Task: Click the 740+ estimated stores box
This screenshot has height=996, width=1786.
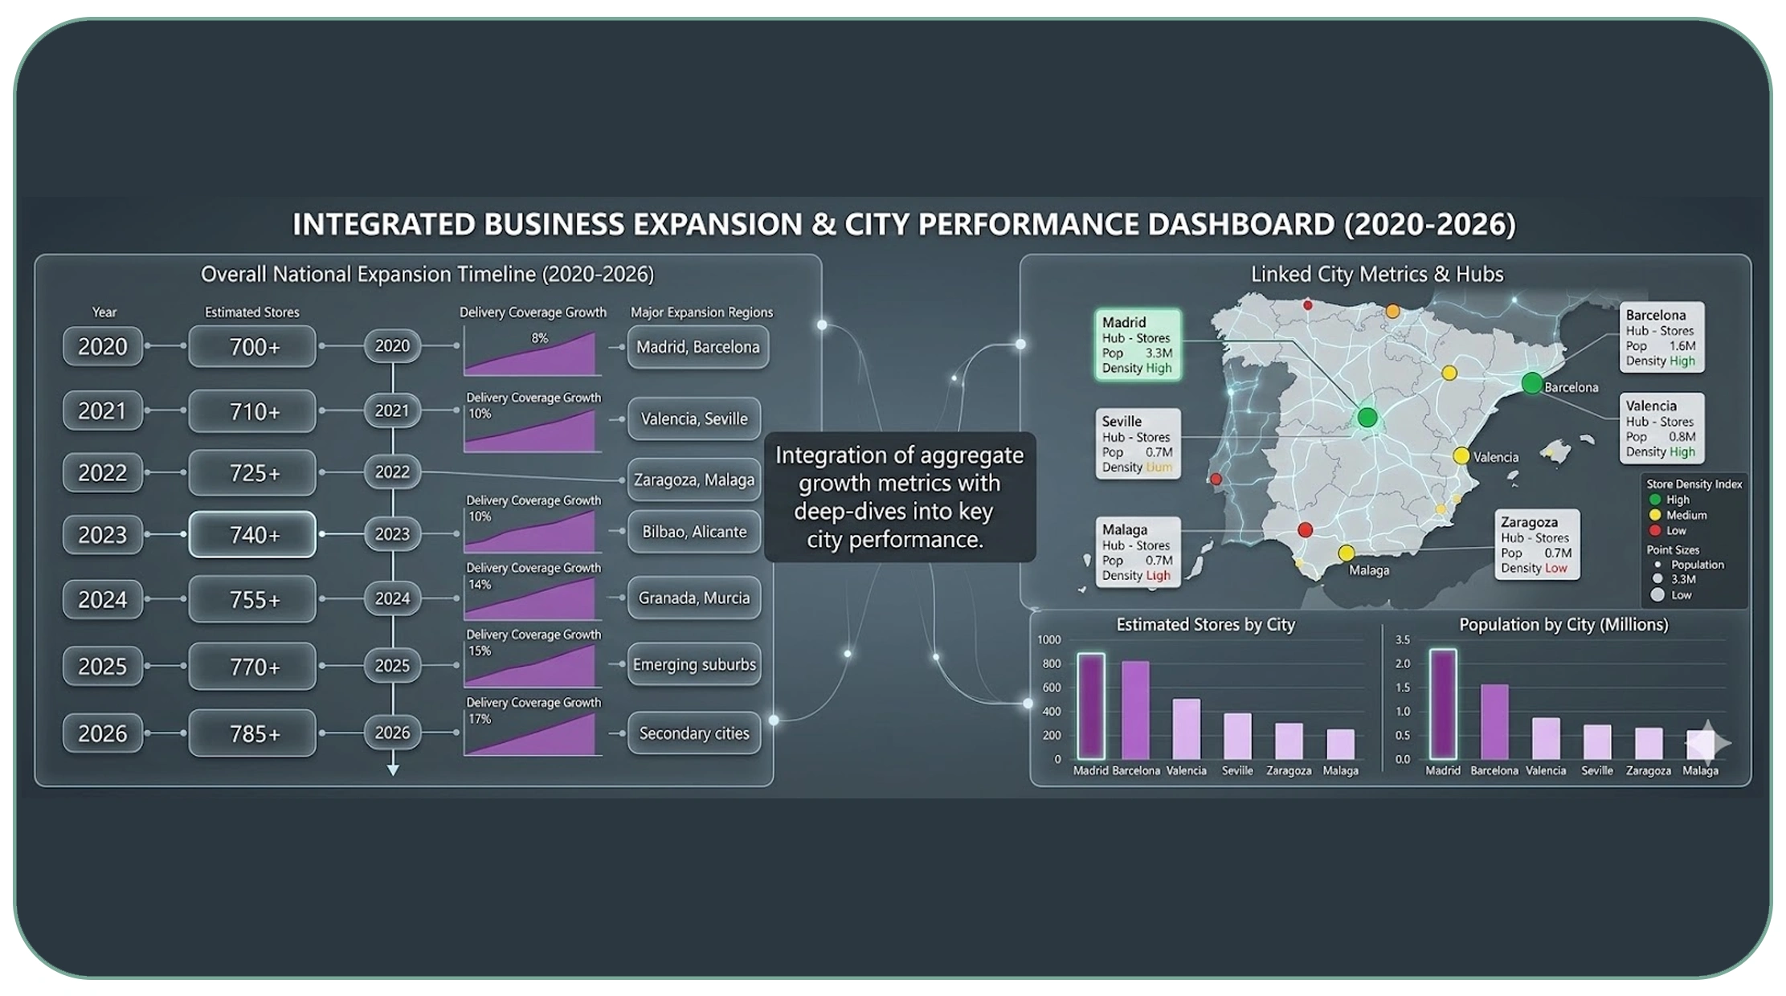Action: click(252, 534)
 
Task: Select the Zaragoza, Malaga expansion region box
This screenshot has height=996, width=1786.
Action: click(694, 480)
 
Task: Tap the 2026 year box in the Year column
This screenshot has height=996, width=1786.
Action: click(103, 733)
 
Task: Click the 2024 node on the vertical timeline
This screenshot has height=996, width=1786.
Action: click(392, 598)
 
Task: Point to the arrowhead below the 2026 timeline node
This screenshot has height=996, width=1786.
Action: click(393, 769)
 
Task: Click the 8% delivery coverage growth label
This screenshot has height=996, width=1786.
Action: click(539, 338)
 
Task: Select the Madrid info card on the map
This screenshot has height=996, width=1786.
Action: click(1137, 345)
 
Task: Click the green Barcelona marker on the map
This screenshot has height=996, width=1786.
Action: click(1531, 383)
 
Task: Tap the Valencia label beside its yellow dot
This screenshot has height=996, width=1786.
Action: click(1496, 457)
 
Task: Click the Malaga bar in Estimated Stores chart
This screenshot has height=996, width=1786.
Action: click(1340, 744)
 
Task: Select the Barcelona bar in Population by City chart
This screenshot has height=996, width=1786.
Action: click(1494, 721)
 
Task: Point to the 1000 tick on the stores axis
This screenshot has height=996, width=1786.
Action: click(1049, 640)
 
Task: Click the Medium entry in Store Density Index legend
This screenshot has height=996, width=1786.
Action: click(1686, 515)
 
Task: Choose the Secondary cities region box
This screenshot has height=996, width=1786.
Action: click(694, 733)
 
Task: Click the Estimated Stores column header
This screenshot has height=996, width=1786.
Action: click(251, 312)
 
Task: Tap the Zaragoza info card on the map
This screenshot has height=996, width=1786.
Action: click(1536, 545)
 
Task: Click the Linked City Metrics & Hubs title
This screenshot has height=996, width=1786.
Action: click(1377, 274)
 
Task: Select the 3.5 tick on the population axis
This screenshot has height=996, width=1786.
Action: click(1402, 640)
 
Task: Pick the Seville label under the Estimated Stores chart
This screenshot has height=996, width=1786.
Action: click(1237, 770)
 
